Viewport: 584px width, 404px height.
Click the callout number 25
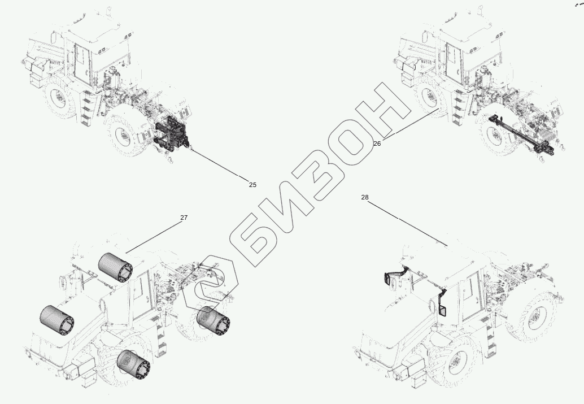click(x=252, y=185)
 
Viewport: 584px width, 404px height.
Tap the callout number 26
click(x=377, y=144)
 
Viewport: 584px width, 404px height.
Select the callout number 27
click(x=184, y=218)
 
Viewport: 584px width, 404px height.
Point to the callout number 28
click(x=365, y=197)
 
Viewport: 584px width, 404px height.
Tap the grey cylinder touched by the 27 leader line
click(x=115, y=267)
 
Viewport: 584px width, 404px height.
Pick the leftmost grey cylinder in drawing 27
click(x=56, y=320)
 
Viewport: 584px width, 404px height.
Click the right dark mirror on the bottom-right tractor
click(x=442, y=302)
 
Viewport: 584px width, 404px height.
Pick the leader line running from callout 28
click(x=407, y=223)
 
